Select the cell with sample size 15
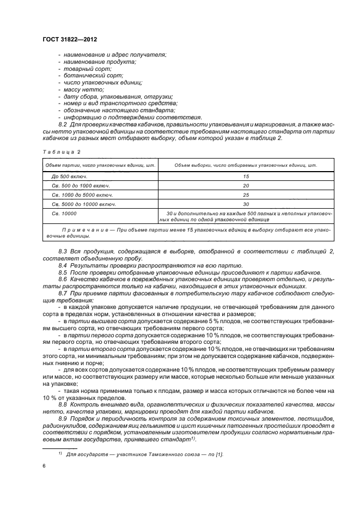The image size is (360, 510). click(246, 177)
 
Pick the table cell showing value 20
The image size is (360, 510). click(246, 186)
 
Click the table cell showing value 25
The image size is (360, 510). click(246, 195)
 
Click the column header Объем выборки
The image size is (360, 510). click(246, 165)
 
